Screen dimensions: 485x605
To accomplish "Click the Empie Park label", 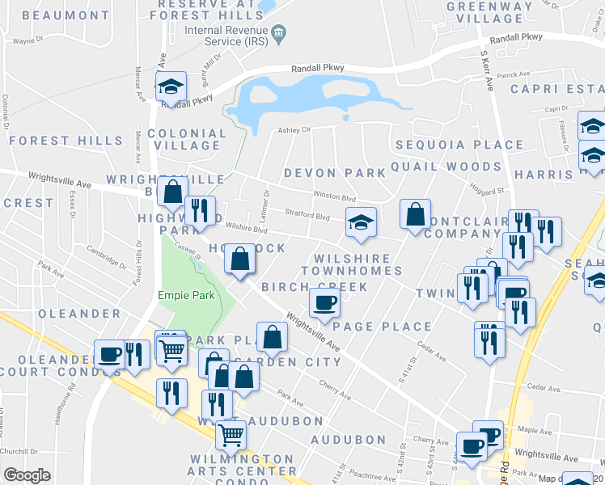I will tap(187, 295).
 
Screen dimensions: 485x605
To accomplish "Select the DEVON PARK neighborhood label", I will tap(335, 173).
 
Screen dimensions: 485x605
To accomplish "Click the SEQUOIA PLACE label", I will tap(459, 145).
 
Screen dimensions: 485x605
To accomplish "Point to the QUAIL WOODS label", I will tap(446, 167).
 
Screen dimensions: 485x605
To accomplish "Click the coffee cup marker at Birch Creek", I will tap(324, 302).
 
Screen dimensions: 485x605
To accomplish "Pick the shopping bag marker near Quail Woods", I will tap(415, 214).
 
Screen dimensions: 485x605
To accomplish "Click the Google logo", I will tap(27, 475).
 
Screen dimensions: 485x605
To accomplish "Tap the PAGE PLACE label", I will tap(383, 327).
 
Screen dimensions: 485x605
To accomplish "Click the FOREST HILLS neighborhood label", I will tap(66, 141).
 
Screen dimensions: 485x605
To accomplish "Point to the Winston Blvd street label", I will tap(335, 196).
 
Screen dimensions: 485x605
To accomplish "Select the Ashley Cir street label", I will tap(295, 129).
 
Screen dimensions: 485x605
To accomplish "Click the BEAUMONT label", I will tap(66, 15).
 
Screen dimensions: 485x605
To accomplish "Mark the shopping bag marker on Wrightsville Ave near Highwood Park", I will tap(172, 192).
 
